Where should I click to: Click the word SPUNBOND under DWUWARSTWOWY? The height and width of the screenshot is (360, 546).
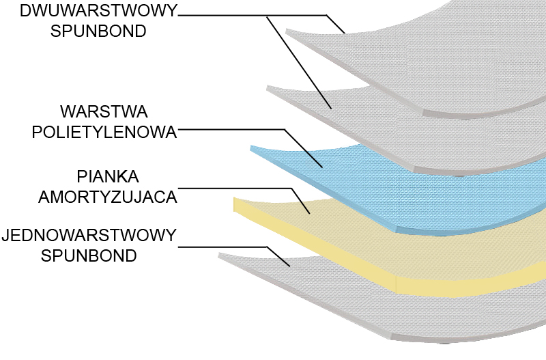click(98, 31)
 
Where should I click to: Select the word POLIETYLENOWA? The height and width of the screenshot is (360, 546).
click(104, 132)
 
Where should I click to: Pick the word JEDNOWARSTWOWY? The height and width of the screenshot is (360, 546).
click(89, 236)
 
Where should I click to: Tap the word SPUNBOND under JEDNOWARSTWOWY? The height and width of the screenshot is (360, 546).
click(89, 256)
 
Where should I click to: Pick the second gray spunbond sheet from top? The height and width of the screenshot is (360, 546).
click(409, 130)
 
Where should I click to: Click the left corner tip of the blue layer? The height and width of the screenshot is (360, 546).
click(252, 147)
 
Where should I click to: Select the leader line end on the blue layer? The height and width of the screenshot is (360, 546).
click(321, 167)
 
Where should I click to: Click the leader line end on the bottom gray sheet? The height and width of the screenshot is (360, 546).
click(291, 266)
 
